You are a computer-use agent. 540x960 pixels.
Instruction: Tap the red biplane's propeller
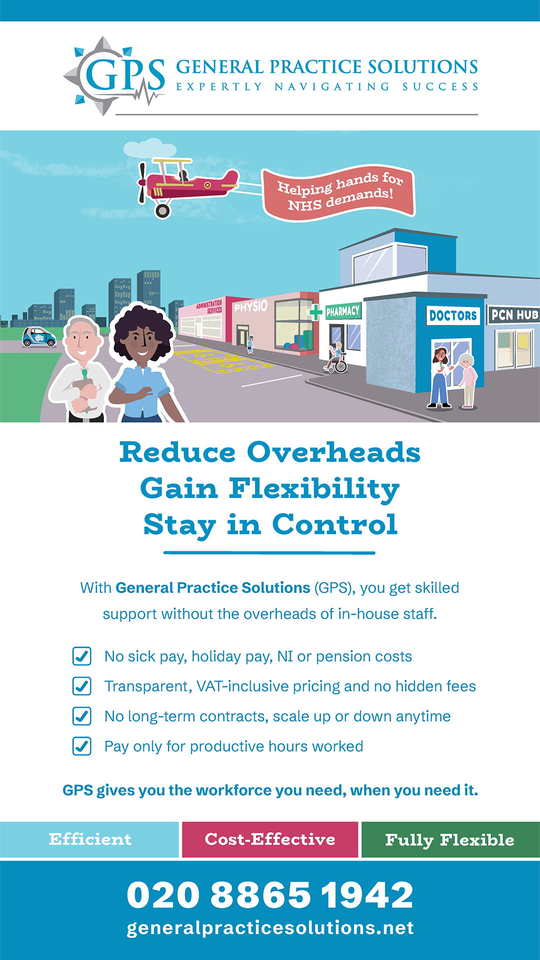coord(142,183)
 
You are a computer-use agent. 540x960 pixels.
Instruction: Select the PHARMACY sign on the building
coord(343,311)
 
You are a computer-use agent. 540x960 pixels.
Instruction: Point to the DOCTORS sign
coord(453,315)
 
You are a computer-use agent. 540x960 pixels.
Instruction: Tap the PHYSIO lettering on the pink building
coord(251,306)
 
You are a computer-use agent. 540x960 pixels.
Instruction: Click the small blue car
coord(38,337)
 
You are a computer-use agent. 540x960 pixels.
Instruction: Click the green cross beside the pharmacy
coord(315,312)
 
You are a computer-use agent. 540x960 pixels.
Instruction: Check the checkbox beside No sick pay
coord(82,656)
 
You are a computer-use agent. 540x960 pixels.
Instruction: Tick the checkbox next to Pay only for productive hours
coord(82,746)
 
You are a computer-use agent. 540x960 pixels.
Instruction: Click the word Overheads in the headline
coord(333,452)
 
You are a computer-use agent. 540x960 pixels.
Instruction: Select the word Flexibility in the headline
coord(314,489)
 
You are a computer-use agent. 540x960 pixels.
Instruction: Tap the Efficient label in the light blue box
coord(90,839)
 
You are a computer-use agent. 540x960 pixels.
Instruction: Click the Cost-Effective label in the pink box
coord(270,839)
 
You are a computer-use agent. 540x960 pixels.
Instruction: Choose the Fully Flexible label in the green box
coord(450,840)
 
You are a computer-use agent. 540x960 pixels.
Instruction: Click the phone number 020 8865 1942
coord(270,895)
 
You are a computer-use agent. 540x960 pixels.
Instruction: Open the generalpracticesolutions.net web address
coord(270,928)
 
